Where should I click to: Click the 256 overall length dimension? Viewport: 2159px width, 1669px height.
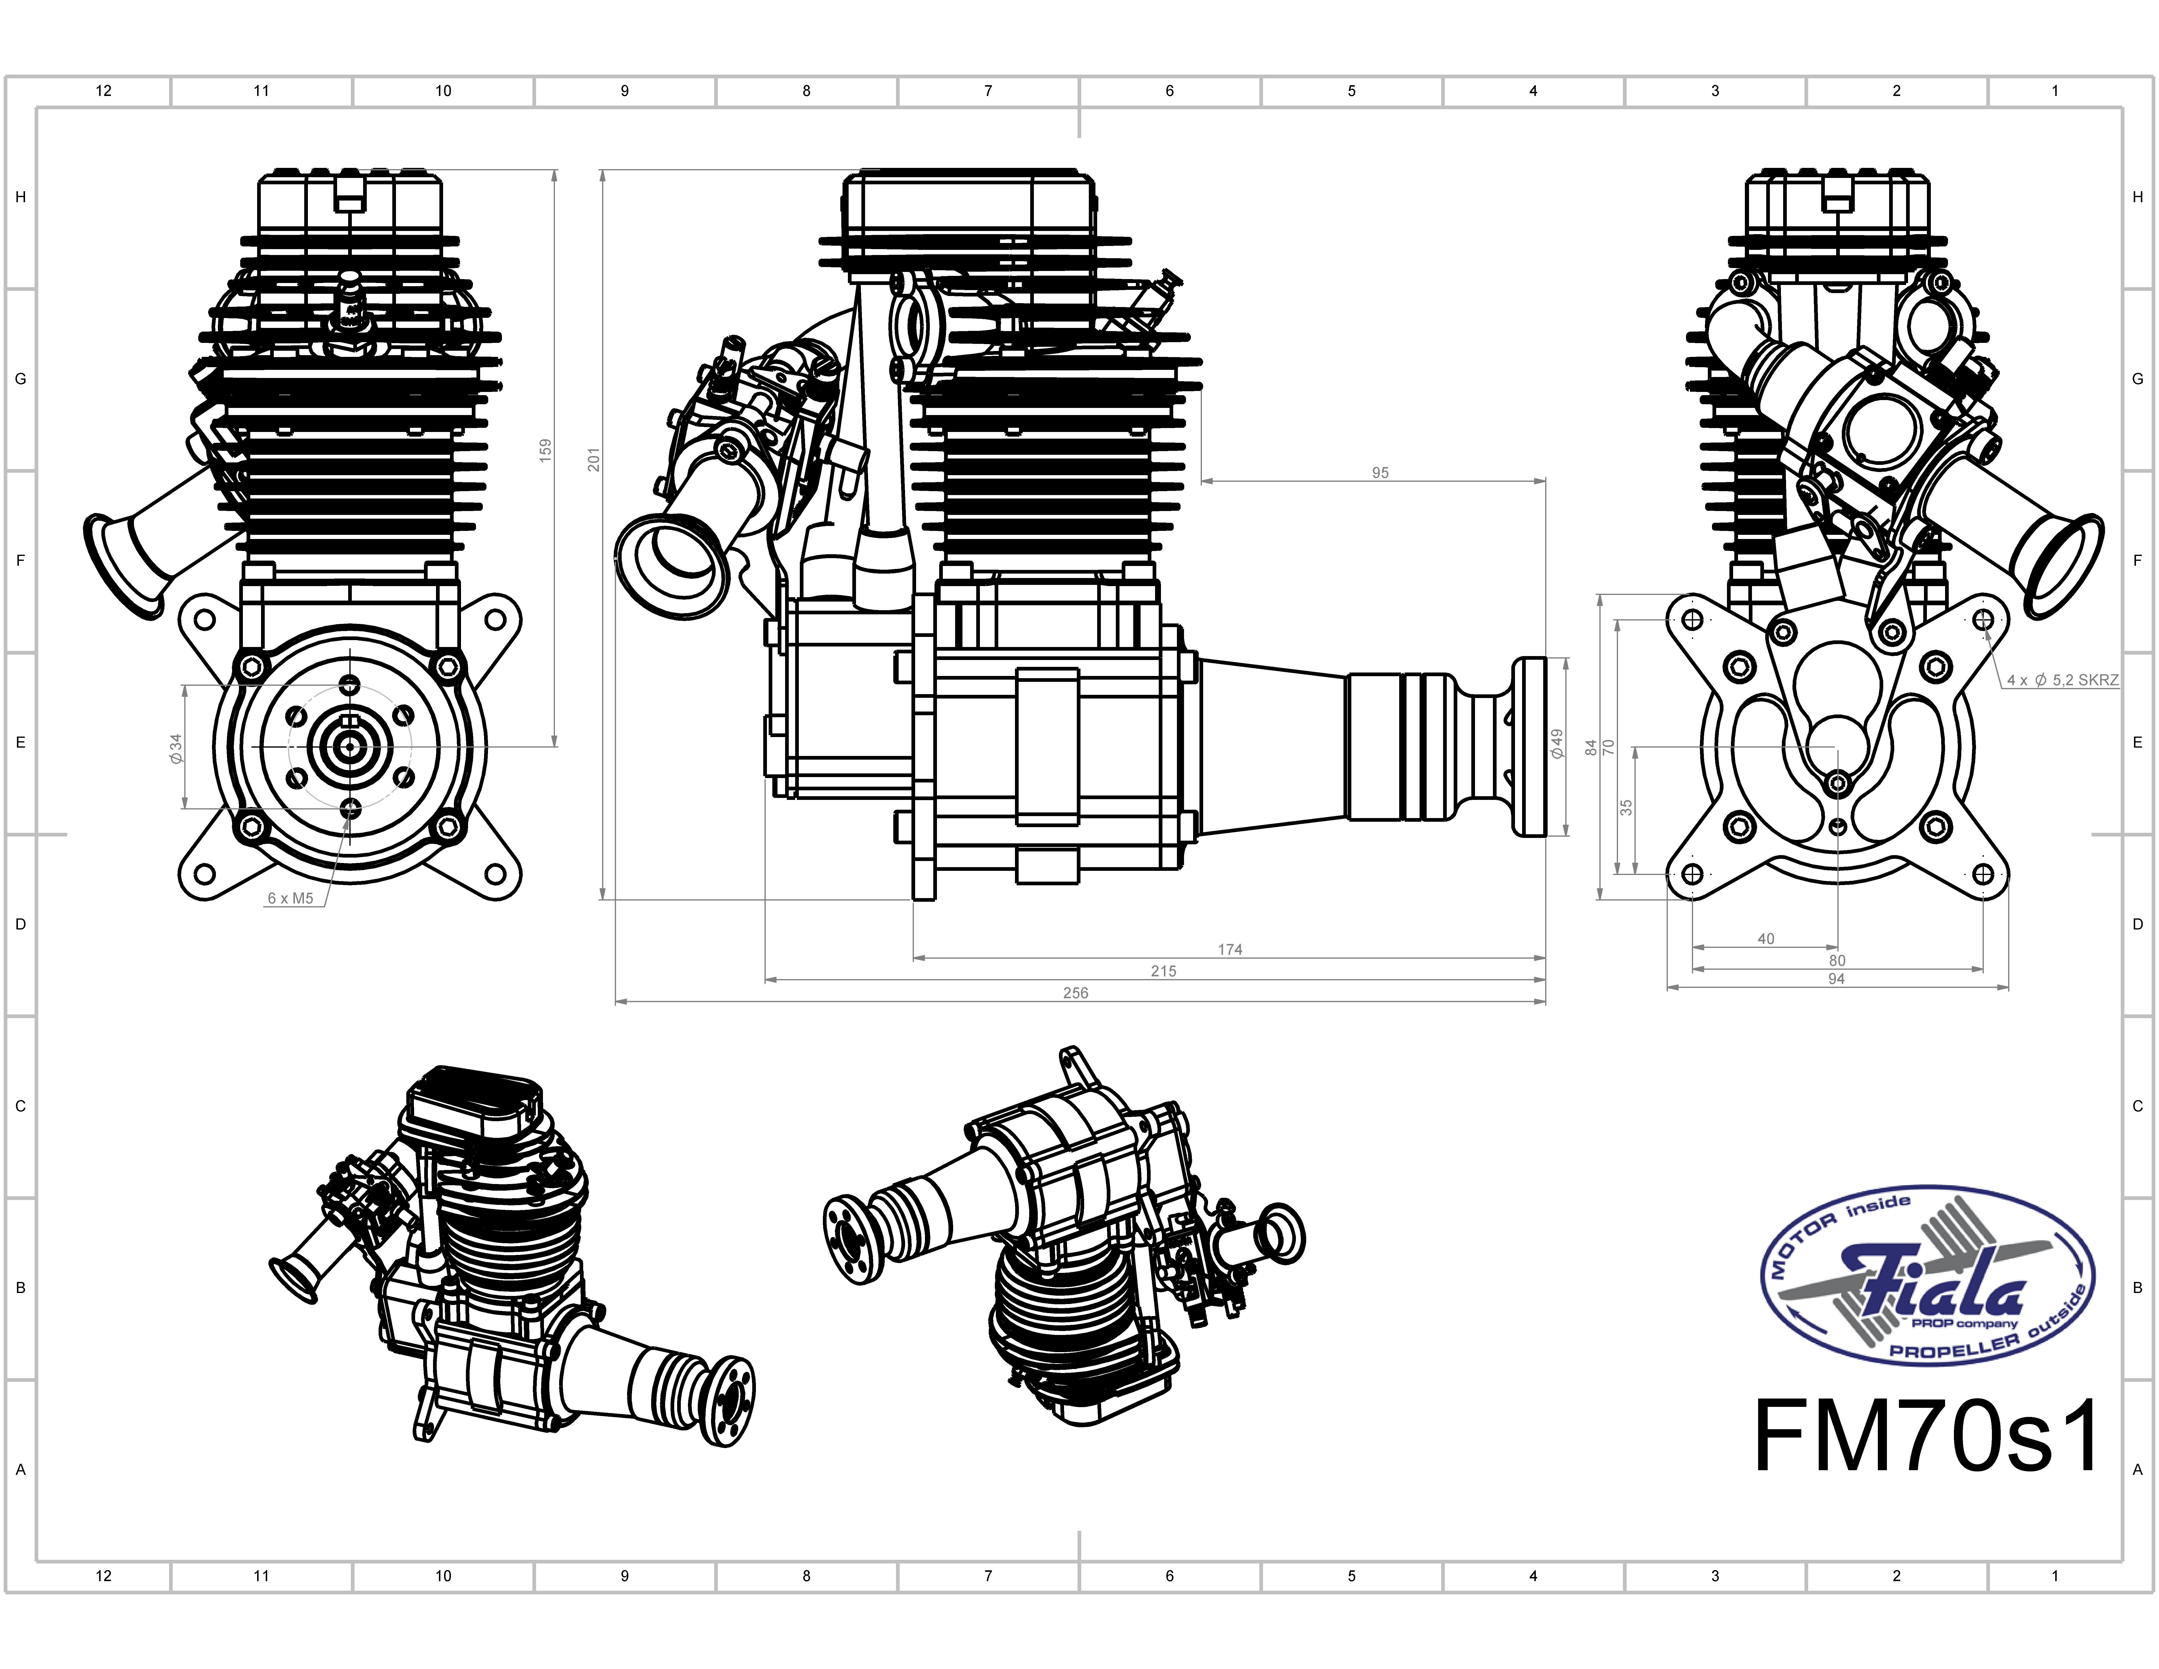(1076, 993)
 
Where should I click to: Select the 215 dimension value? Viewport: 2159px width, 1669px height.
(1163, 971)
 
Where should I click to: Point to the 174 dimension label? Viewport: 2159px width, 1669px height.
(1230, 949)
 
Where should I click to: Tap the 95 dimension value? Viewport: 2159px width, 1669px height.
(1380, 473)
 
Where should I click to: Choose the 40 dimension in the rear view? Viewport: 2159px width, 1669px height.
(1765, 938)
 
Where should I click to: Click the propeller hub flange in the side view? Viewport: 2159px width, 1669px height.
(1529, 746)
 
